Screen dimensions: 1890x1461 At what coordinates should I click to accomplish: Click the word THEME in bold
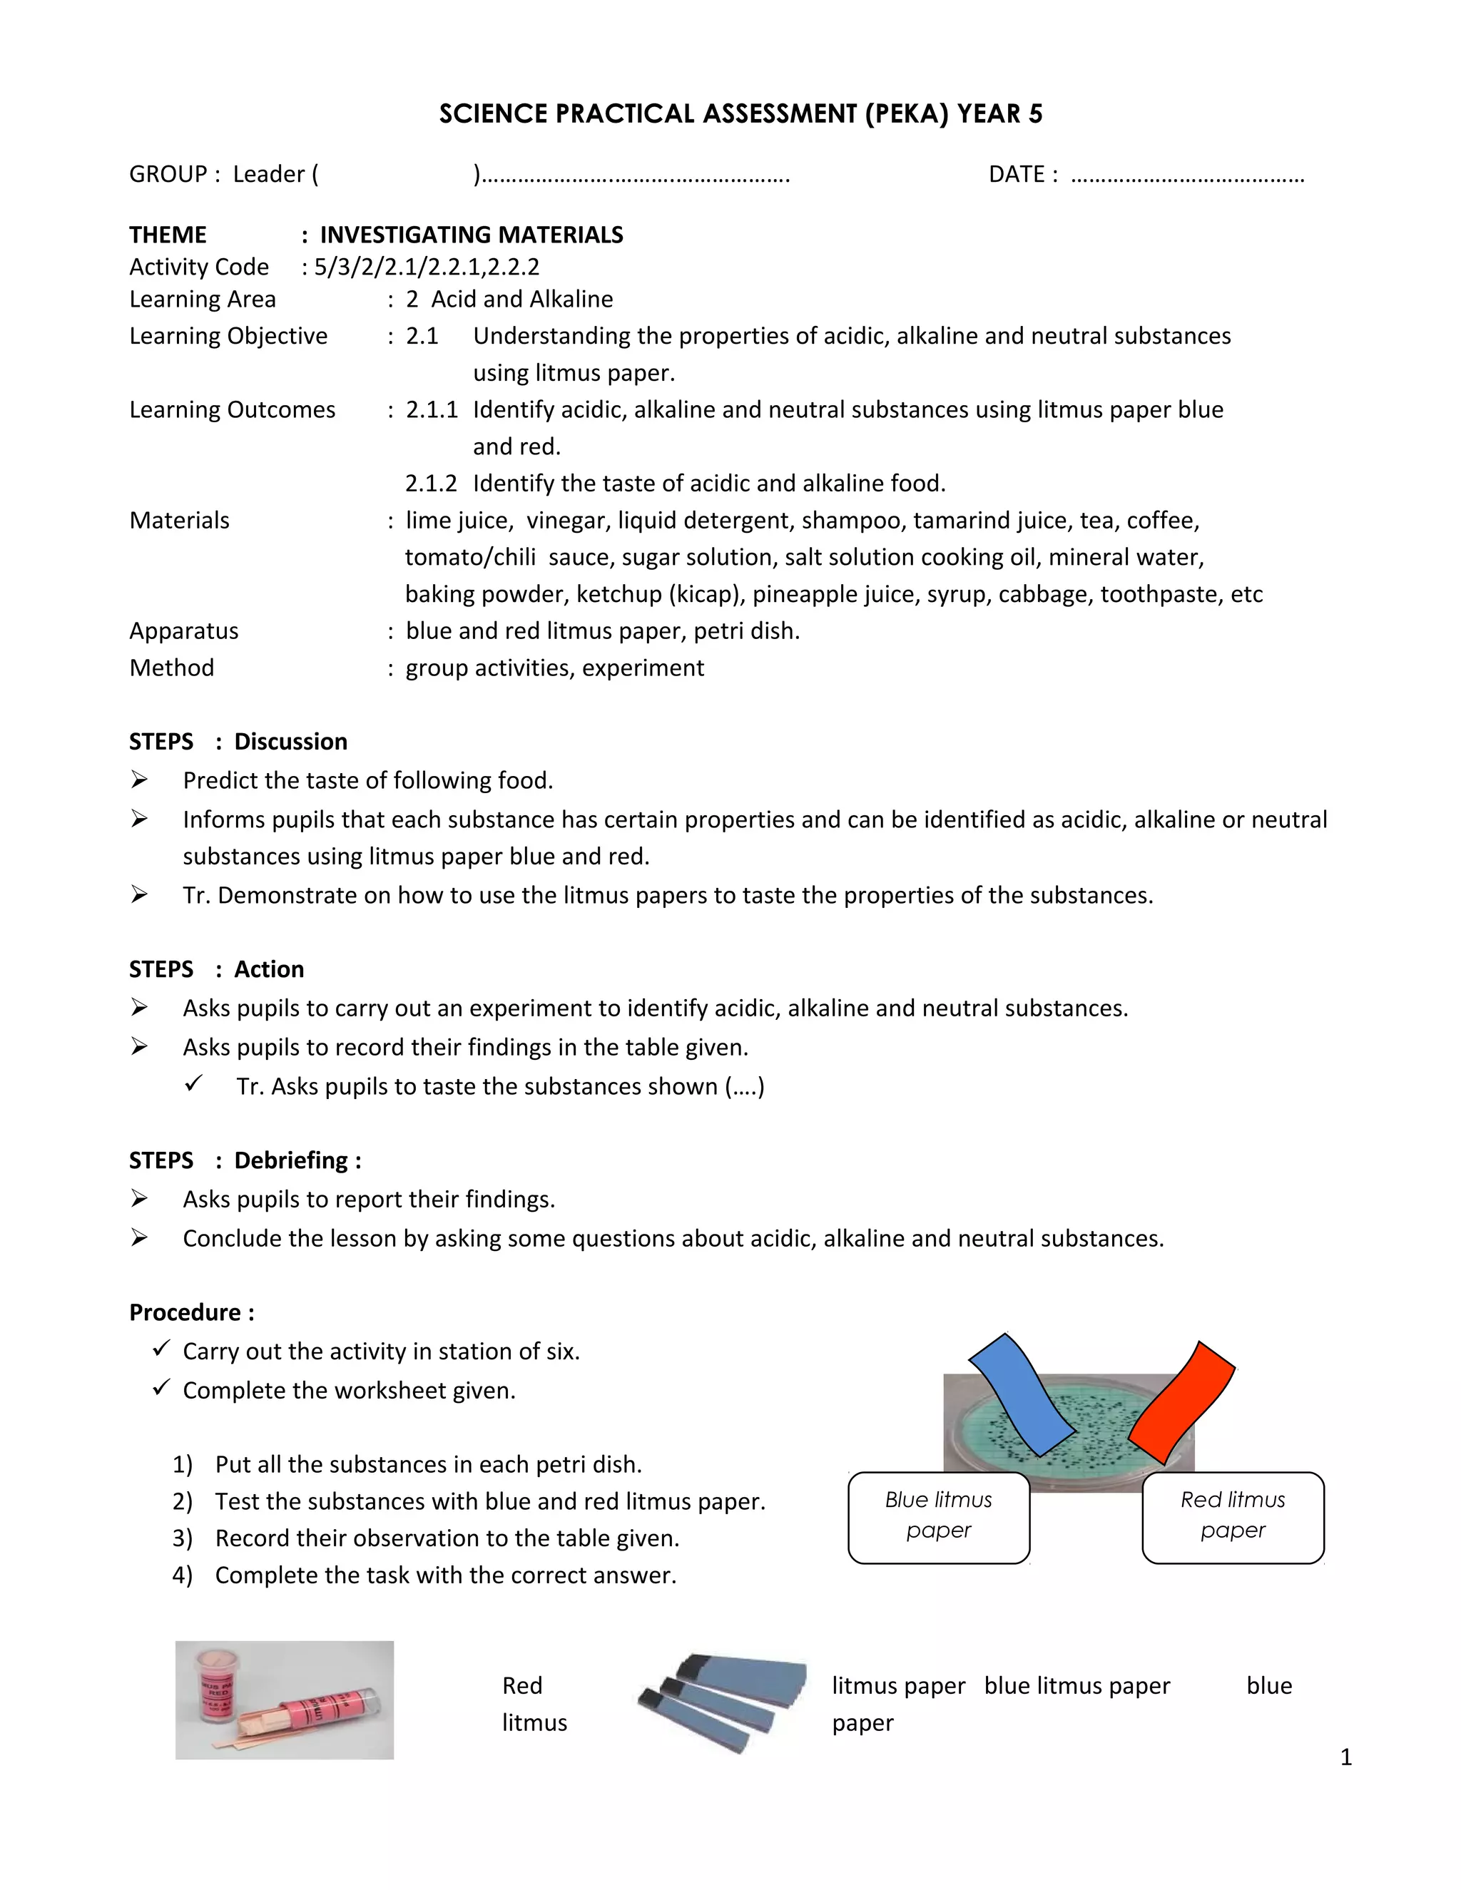pyautogui.click(x=168, y=235)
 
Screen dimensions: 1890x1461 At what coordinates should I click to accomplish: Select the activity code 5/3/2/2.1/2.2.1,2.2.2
pyautogui.click(x=427, y=267)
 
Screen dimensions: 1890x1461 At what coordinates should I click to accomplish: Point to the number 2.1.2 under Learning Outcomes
pyautogui.click(x=430, y=483)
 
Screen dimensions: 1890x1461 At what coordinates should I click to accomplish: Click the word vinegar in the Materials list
pyautogui.click(x=565, y=520)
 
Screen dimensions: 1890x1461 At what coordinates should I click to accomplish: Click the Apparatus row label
pyautogui.click(x=183, y=631)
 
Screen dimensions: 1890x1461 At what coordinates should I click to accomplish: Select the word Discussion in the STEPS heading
pyautogui.click(x=291, y=742)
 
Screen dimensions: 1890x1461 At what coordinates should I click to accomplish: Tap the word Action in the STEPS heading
pyautogui.click(x=269, y=969)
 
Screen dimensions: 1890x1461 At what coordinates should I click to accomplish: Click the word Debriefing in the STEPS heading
pyautogui.click(x=291, y=1160)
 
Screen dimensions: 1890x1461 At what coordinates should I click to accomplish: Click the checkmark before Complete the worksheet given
pyautogui.click(x=161, y=1388)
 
